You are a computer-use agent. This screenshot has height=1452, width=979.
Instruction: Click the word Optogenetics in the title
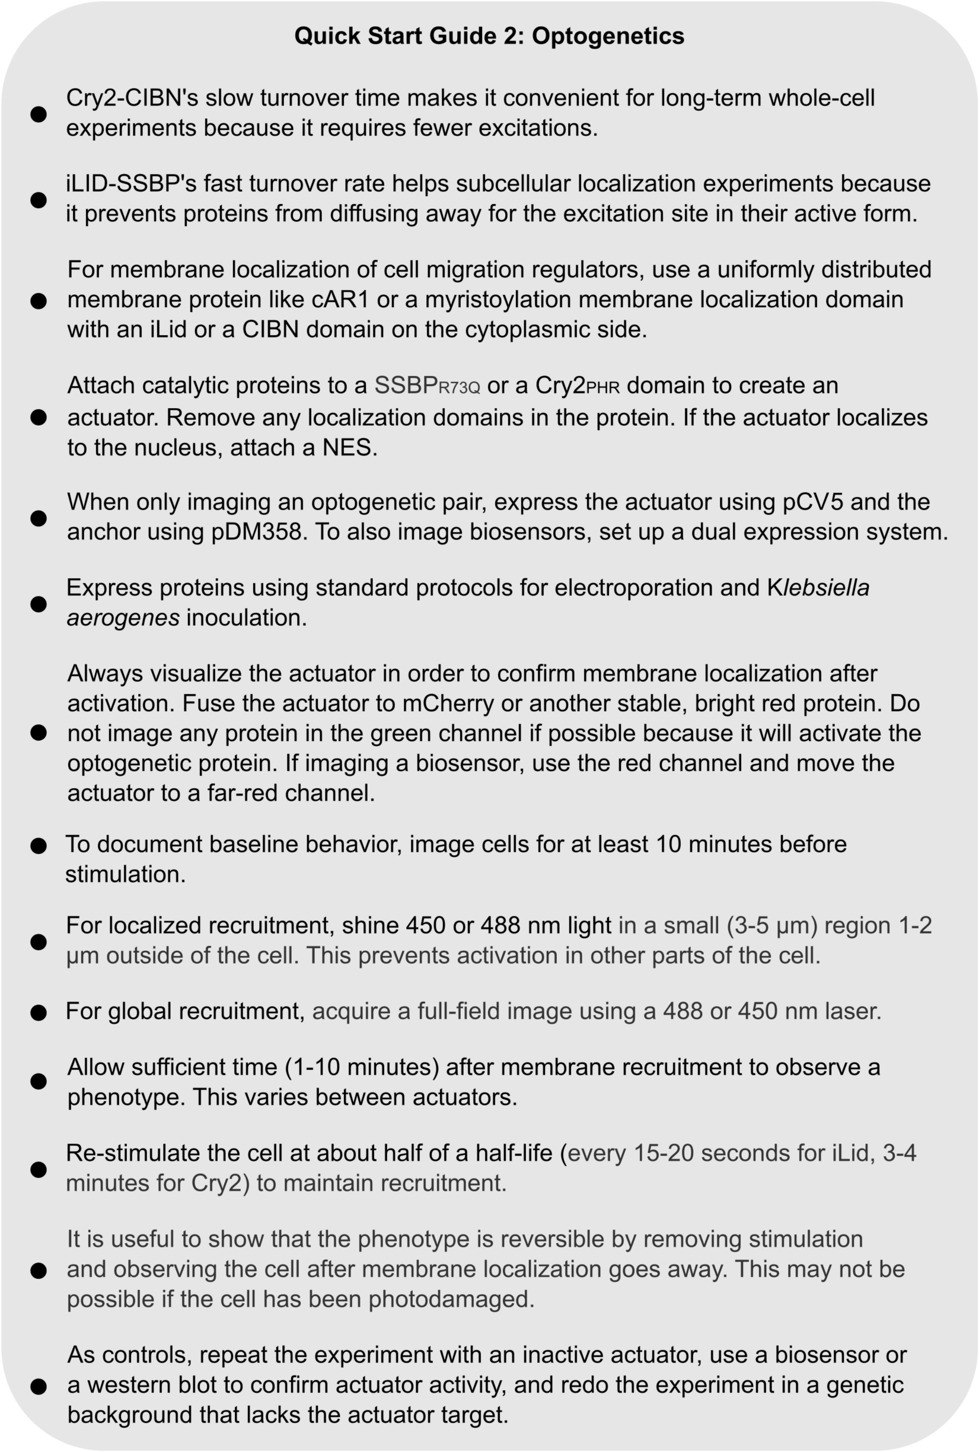pyautogui.click(x=608, y=36)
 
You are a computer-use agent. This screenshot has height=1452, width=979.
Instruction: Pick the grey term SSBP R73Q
pyautogui.click(x=427, y=386)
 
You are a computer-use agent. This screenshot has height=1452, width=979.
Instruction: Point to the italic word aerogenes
pyautogui.click(x=123, y=617)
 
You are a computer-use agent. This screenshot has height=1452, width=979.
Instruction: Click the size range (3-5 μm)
pyautogui.click(x=771, y=925)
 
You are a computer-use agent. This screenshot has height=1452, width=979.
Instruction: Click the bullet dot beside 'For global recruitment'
pyautogui.click(x=39, y=1012)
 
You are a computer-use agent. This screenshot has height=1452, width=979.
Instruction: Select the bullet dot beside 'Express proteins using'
pyautogui.click(x=39, y=604)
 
